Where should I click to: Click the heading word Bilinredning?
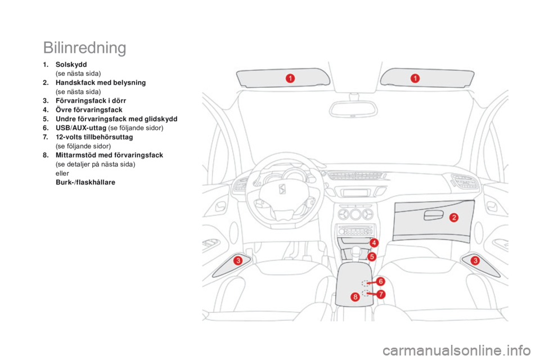click(84, 48)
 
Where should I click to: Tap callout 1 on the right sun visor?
click(415, 78)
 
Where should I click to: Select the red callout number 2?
click(453, 217)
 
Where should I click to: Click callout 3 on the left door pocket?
click(238, 260)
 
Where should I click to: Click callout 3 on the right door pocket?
click(475, 260)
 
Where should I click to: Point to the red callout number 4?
click(374, 242)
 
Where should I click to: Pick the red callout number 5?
click(372, 256)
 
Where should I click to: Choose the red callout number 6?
click(381, 281)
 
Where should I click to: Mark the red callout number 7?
click(381, 294)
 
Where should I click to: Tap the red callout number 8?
click(355, 297)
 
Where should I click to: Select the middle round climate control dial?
click(354, 215)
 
